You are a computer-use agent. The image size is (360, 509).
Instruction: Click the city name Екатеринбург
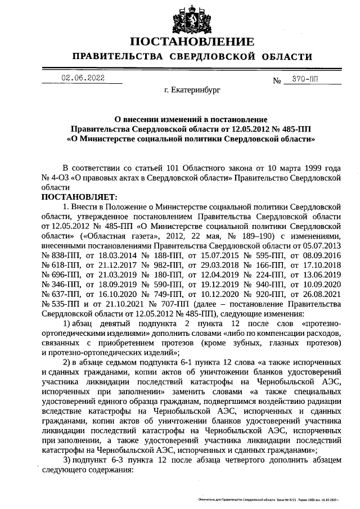tap(192, 89)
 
